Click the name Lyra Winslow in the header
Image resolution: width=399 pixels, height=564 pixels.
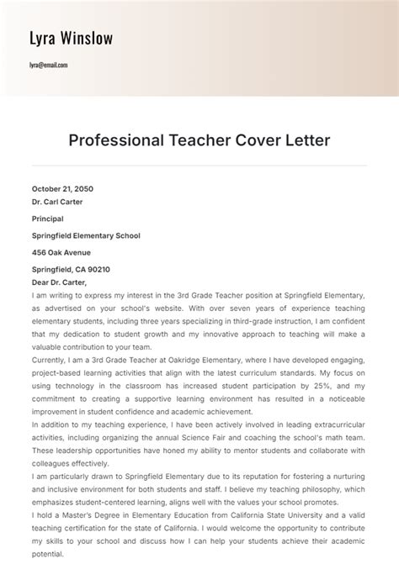[x=71, y=39]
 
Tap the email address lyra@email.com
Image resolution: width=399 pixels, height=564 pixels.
[x=49, y=65]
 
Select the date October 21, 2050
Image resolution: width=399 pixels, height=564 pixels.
[x=62, y=189]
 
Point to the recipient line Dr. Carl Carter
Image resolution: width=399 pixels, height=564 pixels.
[x=57, y=202]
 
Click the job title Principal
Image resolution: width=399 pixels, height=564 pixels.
[x=47, y=219]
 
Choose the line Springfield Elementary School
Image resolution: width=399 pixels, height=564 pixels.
[x=86, y=235]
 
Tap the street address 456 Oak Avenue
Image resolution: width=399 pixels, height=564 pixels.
[x=61, y=252]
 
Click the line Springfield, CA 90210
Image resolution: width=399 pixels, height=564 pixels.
[x=71, y=269]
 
